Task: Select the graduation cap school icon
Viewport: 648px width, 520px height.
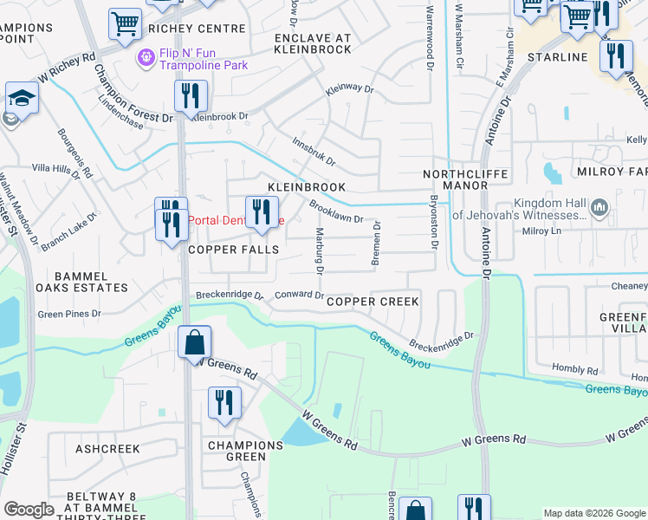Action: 22,98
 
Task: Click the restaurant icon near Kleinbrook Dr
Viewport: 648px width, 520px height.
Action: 191,95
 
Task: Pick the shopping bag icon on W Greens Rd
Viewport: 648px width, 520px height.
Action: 195,341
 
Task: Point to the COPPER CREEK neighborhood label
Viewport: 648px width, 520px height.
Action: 373,302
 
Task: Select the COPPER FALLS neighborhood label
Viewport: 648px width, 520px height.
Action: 234,250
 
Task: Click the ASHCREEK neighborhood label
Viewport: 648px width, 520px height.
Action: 107,449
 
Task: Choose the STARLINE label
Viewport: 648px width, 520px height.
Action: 558,57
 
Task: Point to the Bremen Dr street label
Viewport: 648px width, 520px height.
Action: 376,244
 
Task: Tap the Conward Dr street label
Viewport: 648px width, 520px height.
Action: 299,295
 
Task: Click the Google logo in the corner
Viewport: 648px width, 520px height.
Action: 29,510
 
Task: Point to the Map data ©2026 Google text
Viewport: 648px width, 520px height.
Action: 593,513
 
